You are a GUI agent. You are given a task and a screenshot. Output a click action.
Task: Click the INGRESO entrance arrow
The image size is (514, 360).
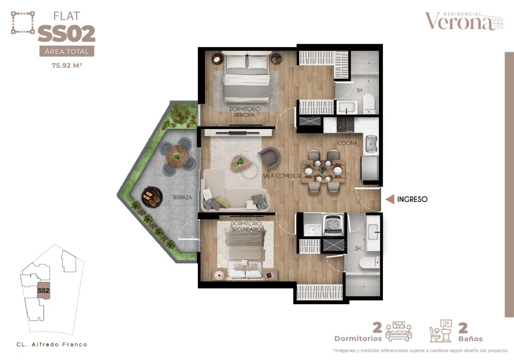tap(390, 199)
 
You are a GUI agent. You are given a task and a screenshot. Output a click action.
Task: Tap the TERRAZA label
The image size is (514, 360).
tap(182, 197)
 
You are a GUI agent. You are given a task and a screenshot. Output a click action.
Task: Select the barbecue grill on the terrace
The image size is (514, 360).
tap(152, 197)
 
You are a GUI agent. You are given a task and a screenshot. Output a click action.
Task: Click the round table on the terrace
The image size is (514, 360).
tap(177, 156)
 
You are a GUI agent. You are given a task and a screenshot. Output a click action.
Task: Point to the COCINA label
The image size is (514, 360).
tap(347, 143)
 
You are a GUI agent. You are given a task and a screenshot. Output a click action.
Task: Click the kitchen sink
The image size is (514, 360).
tap(371, 144)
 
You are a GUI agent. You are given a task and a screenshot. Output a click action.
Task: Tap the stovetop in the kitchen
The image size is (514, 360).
tap(346, 125)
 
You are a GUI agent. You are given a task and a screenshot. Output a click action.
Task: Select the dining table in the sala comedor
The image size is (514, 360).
tap(323, 171)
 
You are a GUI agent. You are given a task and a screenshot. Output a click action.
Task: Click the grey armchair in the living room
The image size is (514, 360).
tap(270, 158)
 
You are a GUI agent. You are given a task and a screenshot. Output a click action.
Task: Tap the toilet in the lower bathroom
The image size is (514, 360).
tap(369, 263)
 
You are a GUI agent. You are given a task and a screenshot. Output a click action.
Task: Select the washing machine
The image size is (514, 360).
tap(334, 224)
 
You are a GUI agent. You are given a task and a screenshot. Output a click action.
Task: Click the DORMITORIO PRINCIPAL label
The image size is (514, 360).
tap(244, 112)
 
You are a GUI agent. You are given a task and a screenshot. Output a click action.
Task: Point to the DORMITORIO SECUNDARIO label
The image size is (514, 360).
tap(246, 226)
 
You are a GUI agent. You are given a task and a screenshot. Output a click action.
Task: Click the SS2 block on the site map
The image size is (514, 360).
tap(44, 290)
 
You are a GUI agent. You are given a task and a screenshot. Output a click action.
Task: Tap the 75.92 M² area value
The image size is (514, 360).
tap(67, 65)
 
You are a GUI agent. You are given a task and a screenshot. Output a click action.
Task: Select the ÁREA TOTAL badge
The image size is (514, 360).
tap(67, 52)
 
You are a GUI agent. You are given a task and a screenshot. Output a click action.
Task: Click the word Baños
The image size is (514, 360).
tap(470, 339)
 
